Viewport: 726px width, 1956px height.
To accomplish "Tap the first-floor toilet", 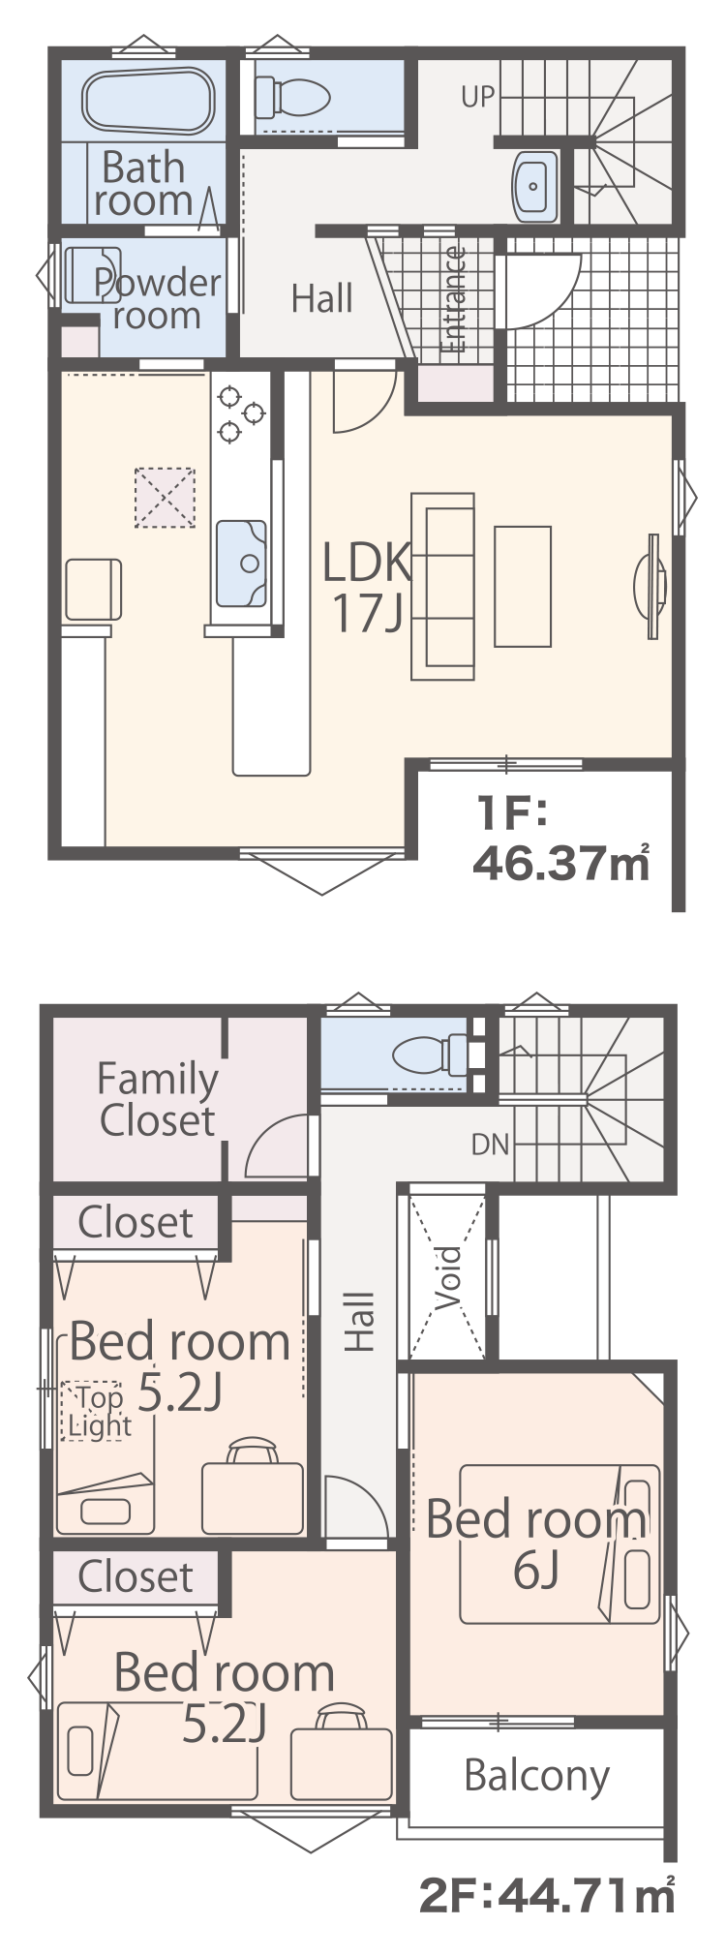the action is (293, 97).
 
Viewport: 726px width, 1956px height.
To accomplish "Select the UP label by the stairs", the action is (478, 97).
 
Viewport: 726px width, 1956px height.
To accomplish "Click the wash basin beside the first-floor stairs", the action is (534, 185).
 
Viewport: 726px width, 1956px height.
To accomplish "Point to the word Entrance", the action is (453, 300).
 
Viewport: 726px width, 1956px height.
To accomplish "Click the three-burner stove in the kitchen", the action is (240, 413).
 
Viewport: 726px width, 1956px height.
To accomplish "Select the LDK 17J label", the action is (367, 587).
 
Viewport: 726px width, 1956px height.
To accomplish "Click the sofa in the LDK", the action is (443, 586).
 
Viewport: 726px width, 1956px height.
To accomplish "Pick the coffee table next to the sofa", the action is (523, 586).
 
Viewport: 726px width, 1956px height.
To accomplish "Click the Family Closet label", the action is (158, 1100).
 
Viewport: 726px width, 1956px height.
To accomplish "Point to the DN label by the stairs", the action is (490, 1145).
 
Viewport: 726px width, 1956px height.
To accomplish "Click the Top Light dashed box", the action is (92, 1411).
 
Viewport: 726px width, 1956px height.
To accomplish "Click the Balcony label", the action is (537, 1775).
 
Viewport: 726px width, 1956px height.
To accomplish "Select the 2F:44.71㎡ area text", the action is (547, 1895).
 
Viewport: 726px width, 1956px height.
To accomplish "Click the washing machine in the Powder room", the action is (93, 275).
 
